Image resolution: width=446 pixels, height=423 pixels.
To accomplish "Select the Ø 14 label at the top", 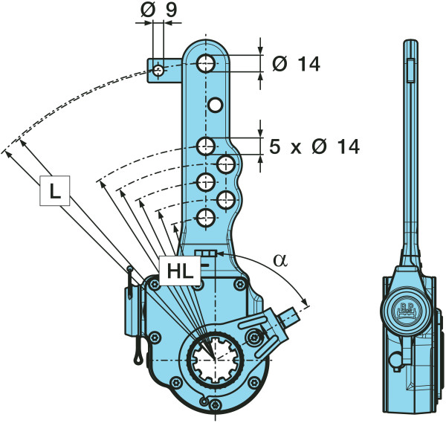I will click(296, 65).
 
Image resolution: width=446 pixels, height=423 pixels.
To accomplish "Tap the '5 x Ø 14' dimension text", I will click(313, 147).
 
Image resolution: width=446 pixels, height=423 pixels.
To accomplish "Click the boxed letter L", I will click(54, 192).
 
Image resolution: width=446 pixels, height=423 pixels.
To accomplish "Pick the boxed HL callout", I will click(179, 271).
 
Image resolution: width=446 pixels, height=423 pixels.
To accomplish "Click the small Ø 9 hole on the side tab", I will click(158, 71).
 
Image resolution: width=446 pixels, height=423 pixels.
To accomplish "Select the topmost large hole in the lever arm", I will click(207, 62).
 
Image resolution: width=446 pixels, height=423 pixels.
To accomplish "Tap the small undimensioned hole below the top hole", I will click(216, 105).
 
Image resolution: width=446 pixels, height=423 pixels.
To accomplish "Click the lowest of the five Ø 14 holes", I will click(206, 217).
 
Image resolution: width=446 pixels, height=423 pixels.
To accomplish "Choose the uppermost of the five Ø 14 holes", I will click(207, 146).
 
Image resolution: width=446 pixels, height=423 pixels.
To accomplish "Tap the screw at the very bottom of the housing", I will click(215, 405).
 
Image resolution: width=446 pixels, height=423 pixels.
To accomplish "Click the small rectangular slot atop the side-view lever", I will click(409, 72).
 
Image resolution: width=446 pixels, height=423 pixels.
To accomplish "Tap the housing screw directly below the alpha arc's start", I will click(237, 283).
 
